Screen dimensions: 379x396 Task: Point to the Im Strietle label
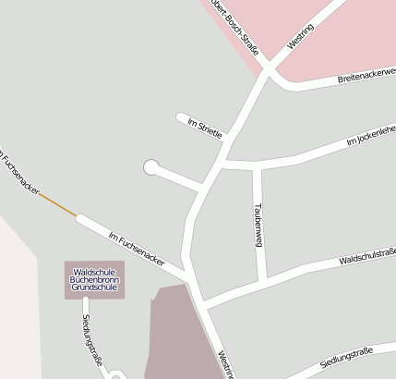coord(205,128)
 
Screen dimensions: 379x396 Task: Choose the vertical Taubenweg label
coord(259,224)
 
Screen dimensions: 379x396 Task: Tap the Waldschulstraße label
coord(366,255)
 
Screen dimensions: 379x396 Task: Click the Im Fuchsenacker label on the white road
coord(136,250)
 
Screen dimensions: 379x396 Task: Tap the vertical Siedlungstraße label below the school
coord(90,339)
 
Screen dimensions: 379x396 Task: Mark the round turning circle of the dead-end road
coord(150,167)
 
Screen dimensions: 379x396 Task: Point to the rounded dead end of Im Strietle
coord(181,116)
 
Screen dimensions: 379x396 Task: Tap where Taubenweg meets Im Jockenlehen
coord(259,166)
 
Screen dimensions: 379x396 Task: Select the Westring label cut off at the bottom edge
coord(224,364)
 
